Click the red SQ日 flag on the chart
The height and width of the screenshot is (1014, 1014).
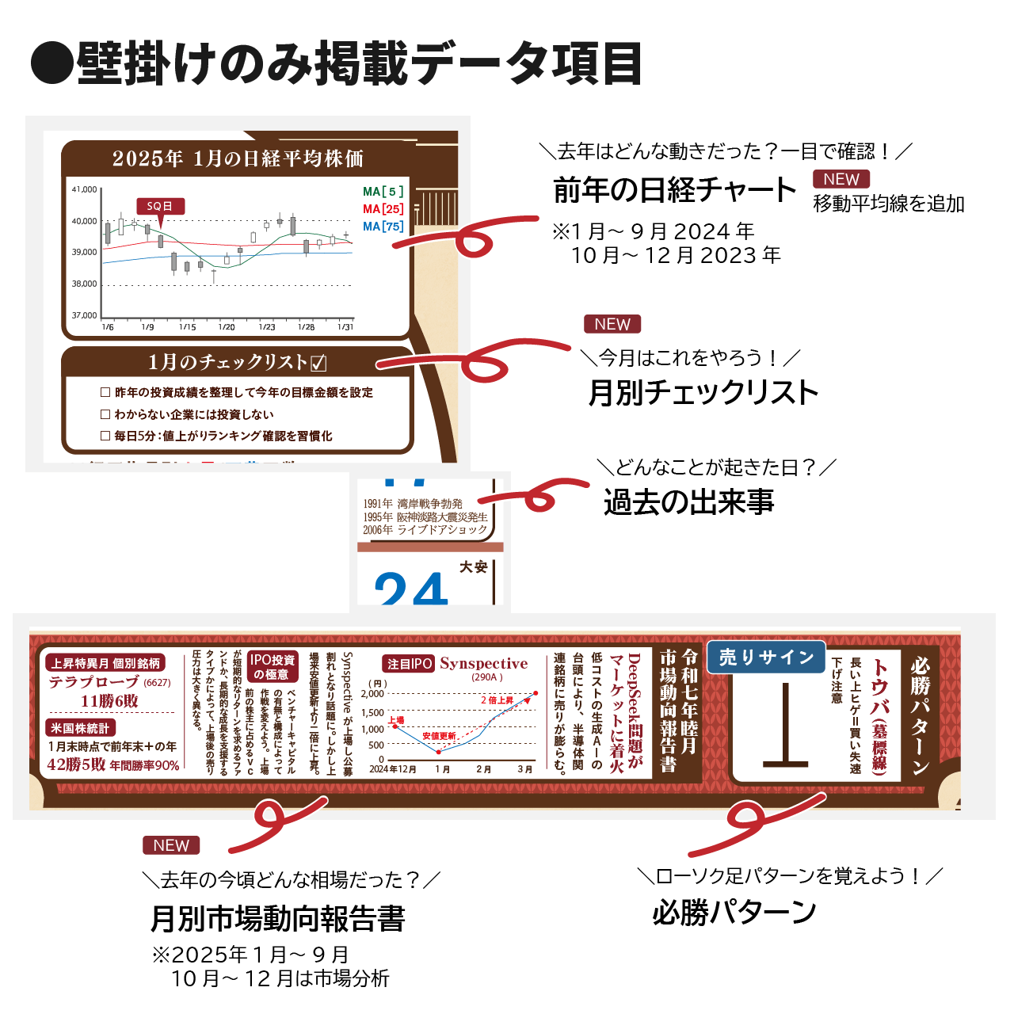coord(160,206)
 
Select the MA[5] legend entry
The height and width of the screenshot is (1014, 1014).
coord(383,192)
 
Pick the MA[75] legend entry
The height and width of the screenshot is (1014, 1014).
coord(383,227)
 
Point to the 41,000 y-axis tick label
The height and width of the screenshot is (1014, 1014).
coord(84,190)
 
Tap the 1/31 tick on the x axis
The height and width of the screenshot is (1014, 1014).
coord(345,326)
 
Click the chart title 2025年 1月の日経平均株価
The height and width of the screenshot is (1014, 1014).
coord(238,158)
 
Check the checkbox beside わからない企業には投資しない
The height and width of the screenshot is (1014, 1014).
coord(105,414)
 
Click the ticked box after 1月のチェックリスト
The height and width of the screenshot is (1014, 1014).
coord(318,363)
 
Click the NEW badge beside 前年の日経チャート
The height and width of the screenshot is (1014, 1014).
coord(841,179)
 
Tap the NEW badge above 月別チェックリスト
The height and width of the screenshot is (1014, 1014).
coord(612,324)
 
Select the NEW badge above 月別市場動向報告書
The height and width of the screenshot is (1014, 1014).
coord(171,845)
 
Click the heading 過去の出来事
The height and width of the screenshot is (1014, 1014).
coord(688,502)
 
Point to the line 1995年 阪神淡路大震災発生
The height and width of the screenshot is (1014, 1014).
coord(425,517)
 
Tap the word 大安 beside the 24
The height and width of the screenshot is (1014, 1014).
coord(473,567)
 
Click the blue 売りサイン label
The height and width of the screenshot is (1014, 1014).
coord(766,658)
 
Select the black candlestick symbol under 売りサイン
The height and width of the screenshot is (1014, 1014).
coord(785,725)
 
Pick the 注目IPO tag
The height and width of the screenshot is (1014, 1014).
coord(410,664)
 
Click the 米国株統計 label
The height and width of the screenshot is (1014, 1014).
coord(80,728)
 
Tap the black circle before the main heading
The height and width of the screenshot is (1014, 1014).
coord(51,63)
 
